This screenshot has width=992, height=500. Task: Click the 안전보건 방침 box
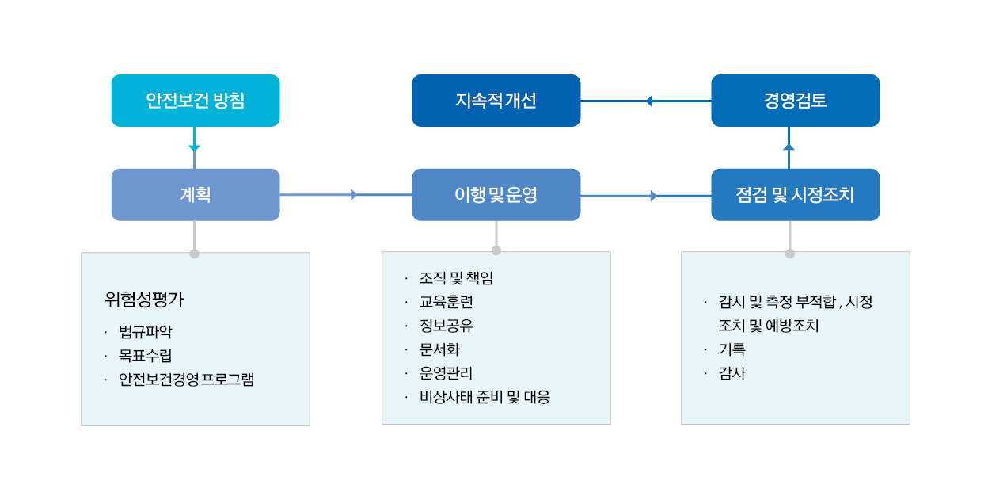tap(196, 101)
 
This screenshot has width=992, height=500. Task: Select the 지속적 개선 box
tap(496, 101)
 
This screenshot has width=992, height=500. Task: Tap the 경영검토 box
tap(796, 101)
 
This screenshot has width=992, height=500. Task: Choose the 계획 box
tap(196, 195)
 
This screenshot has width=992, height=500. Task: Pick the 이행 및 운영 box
tap(496, 195)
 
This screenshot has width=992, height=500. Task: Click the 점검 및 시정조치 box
tap(796, 195)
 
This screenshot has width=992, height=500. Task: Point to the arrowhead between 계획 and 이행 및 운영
tap(354, 195)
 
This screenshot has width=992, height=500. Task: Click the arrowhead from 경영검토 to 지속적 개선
tap(649, 101)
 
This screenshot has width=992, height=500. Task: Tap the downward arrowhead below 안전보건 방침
tap(195, 148)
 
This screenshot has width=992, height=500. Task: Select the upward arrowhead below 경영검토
tap(789, 147)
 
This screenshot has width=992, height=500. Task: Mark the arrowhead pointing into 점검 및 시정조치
tap(654, 196)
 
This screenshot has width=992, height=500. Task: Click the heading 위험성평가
tap(144, 300)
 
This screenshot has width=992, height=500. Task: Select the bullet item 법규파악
tap(145, 331)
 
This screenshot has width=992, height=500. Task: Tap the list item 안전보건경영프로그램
tap(186, 380)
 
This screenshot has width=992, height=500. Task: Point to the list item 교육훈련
tap(446, 302)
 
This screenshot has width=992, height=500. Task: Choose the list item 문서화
tap(439, 349)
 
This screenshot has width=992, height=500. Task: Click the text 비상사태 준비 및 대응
tap(485, 397)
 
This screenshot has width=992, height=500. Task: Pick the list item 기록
tap(732, 349)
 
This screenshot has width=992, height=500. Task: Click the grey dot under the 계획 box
tap(195, 254)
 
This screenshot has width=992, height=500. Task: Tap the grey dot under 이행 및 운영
tap(496, 250)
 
